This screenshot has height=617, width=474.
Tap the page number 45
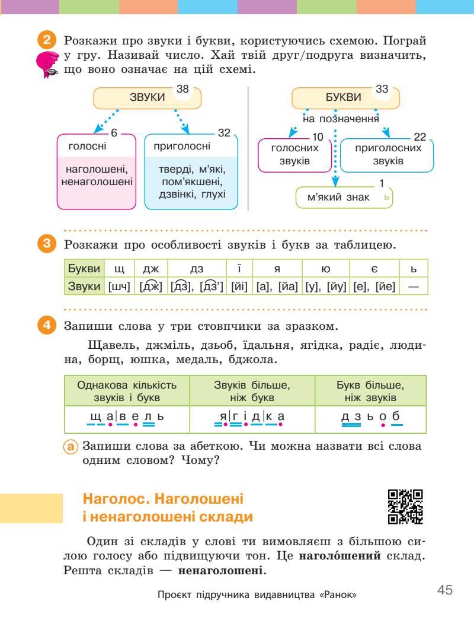pyautogui.click(x=445, y=590)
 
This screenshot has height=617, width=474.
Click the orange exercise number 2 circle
pyautogui.click(x=47, y=42)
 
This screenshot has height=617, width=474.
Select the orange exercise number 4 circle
pyautogui.click(x=47, y=326)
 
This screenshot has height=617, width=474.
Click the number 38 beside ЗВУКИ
pyautogui.click(x=182, y=89)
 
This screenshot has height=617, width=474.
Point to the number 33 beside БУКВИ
pyautogui.click(x=382, y=89)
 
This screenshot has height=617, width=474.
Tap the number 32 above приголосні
pyautogui.click(x=223, y=133)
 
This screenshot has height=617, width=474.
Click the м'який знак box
pyautogui.click(x=344, y=198)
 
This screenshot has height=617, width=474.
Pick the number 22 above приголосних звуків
pyautogui.click(x=420, y=137)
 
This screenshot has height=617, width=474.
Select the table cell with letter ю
pyautogui.click(x=325, y=269)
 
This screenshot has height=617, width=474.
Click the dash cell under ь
pyautogui.click(x=414, y=286)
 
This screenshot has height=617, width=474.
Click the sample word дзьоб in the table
pyautogui.click(x=371, y=416)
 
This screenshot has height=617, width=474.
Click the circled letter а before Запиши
pyautogui.click(x=71, y=446)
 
